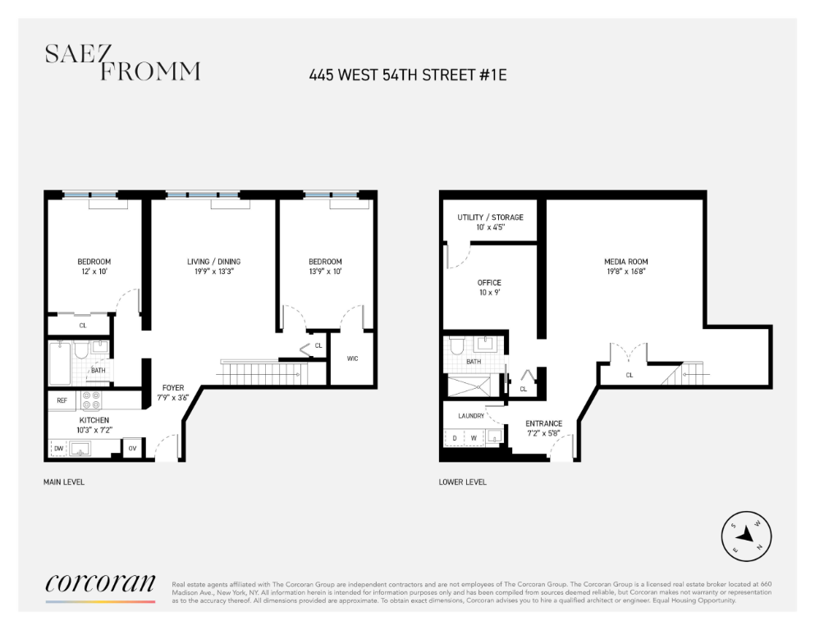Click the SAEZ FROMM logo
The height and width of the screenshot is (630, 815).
tap(121, 63)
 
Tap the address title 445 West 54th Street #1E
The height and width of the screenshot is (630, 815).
tap(407, 75)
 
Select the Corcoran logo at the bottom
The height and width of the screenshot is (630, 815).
tap(99, 583)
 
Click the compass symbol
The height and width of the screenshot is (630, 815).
tap(746, 537)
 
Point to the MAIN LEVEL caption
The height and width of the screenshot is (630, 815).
tap(64, 482)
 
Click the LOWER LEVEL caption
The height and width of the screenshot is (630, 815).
tap(463, 482)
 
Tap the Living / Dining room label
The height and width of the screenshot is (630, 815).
tap(213, 262)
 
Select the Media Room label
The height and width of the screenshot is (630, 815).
tap(625, 262)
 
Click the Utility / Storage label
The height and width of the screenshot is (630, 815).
tap(490, 217)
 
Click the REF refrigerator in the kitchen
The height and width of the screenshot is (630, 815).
tap(62, 401)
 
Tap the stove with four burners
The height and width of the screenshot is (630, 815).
tap(90, 401)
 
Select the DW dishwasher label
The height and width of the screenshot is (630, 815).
tap(58, 449)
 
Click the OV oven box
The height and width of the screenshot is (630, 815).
tap(133, 449)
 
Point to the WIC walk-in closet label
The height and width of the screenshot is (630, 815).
tap(352, 358)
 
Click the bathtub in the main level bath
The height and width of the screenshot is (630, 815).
tap(60, 363)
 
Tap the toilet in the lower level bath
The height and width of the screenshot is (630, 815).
tap(457, 345)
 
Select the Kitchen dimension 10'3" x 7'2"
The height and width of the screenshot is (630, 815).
tap(94, 430)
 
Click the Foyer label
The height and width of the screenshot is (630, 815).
tap(173, 387)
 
